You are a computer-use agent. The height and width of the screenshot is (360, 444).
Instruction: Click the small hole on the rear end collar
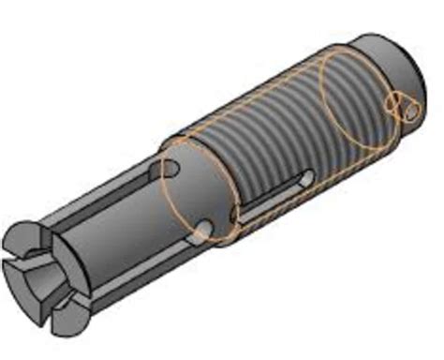(x=413, y=112)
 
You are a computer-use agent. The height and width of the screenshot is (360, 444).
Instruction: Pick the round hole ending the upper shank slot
(x=170, y=167)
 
